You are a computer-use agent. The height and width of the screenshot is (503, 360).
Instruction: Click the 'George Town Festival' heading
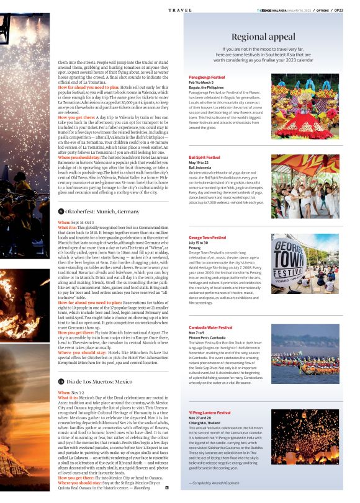coord(208,238)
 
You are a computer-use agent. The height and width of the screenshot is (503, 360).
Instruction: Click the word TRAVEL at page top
coord(180,10)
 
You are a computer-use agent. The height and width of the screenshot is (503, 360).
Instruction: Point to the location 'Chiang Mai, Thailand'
coord(207,421)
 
